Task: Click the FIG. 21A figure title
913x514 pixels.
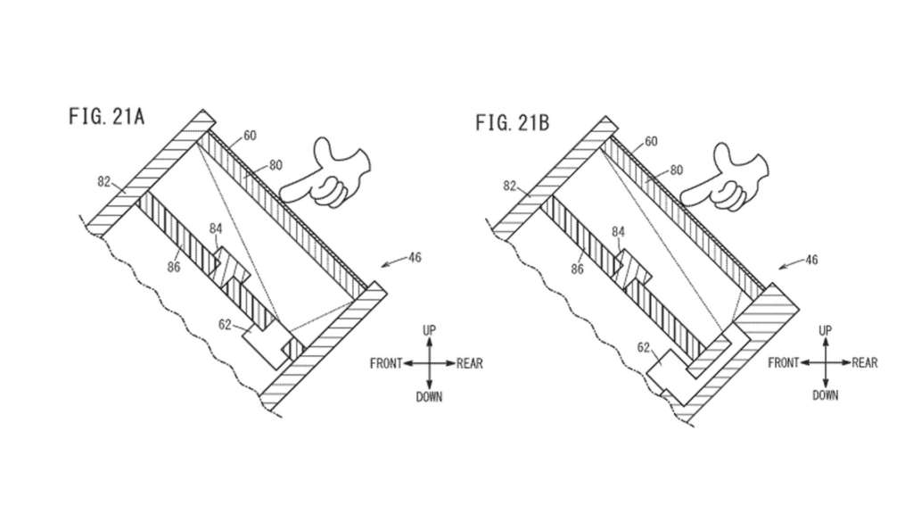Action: [x=107, y=117]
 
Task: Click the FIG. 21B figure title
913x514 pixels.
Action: [x=513, y=123]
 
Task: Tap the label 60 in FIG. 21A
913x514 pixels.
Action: [x=250, y=136]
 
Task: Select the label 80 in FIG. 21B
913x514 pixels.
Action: [x=676, y=170]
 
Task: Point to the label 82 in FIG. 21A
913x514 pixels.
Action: [x=103, y=182]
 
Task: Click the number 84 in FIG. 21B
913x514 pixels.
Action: [x=618, y=233]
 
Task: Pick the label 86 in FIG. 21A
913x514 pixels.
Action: [x=174, y=267]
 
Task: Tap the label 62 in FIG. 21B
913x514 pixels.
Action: [x=644, y=348]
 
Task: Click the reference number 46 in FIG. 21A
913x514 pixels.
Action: [x=414, y=257]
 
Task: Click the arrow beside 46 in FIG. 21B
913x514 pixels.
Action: [x=791, y=264]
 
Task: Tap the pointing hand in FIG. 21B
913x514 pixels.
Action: [x=725, y=177]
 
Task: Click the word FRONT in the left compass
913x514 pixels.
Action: [x=386, y=364]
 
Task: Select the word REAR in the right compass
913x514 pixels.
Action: [x=865, y=363]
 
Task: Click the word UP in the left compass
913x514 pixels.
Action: [x=429, y=330]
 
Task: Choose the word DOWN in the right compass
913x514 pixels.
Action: [x=825, y=395]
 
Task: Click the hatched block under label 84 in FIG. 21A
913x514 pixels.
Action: [x=229, y=267]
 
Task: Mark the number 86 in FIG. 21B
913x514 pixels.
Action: [x=577, y=269]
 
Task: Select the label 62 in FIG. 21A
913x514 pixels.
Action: [x=225, y=325]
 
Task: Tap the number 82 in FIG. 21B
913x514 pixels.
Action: [x=509, y=186]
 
